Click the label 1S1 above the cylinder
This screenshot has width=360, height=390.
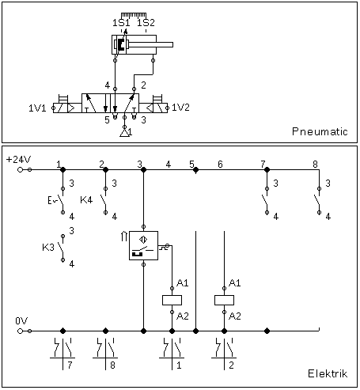121,23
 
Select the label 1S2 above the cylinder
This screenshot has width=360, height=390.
146,23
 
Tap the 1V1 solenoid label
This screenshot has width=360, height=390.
37,108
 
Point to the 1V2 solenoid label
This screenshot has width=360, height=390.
180,108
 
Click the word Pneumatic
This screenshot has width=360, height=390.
320,131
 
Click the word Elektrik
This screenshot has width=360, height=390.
328,373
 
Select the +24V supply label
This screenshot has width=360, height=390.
18,160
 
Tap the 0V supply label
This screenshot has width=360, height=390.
21,321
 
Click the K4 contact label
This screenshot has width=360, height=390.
86,200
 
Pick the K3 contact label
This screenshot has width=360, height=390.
48,248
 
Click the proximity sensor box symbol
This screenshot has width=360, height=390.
143,245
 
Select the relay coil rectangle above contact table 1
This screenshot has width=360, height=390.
172,300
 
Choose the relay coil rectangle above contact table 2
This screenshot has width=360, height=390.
224,300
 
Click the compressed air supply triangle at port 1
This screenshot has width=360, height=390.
125,133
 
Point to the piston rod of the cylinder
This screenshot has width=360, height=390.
151,44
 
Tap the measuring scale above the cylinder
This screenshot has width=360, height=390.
134,15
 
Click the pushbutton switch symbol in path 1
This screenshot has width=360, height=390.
59,200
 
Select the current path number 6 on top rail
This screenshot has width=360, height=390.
220,165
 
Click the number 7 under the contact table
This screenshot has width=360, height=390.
70,365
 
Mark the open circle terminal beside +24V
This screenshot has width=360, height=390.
20,169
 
